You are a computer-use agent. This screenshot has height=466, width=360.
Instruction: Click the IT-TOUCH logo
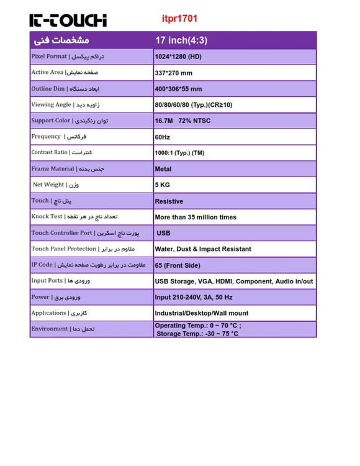pos(68,20)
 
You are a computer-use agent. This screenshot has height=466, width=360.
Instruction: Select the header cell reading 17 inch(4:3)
pos(181,40)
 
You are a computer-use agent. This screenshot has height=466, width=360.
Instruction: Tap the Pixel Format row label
pos(67,57)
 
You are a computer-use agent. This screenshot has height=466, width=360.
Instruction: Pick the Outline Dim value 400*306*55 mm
pos(178,89)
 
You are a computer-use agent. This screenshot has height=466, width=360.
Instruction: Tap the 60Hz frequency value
pos(162,137)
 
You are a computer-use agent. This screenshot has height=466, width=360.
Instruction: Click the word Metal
pos(163,169)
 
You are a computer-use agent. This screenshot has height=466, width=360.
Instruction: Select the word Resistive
pos(169,201)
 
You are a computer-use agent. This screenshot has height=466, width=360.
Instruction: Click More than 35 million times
pos(196,217)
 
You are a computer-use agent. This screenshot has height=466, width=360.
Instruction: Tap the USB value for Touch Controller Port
pos(163,233)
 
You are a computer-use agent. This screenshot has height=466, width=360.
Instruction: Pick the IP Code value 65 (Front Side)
pos(178,265)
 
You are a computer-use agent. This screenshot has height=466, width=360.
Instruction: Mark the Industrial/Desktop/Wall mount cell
pos(201,313)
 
